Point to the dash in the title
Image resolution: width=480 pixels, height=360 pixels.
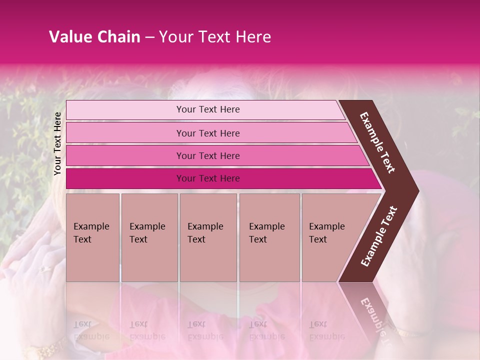coord(149,37)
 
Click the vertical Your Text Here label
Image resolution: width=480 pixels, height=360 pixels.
coord(57,143)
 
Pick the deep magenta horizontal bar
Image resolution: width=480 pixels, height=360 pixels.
coord(220,178)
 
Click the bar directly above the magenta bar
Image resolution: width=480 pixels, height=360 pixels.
coord(215,155)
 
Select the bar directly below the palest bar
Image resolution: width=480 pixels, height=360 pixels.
coord(210,133)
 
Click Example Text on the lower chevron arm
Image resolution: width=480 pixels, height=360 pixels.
coord(379,236)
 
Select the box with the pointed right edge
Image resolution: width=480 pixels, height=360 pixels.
coord(332,237)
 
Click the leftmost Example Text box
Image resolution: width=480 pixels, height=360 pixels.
coord(92,237)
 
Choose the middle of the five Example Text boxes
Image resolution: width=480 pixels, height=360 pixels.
coord(208,237)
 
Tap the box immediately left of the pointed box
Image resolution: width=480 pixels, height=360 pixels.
coord(269,237)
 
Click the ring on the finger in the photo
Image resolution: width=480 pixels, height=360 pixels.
coord(45,268)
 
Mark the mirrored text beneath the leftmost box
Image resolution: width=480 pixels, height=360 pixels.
coord(91,330)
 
